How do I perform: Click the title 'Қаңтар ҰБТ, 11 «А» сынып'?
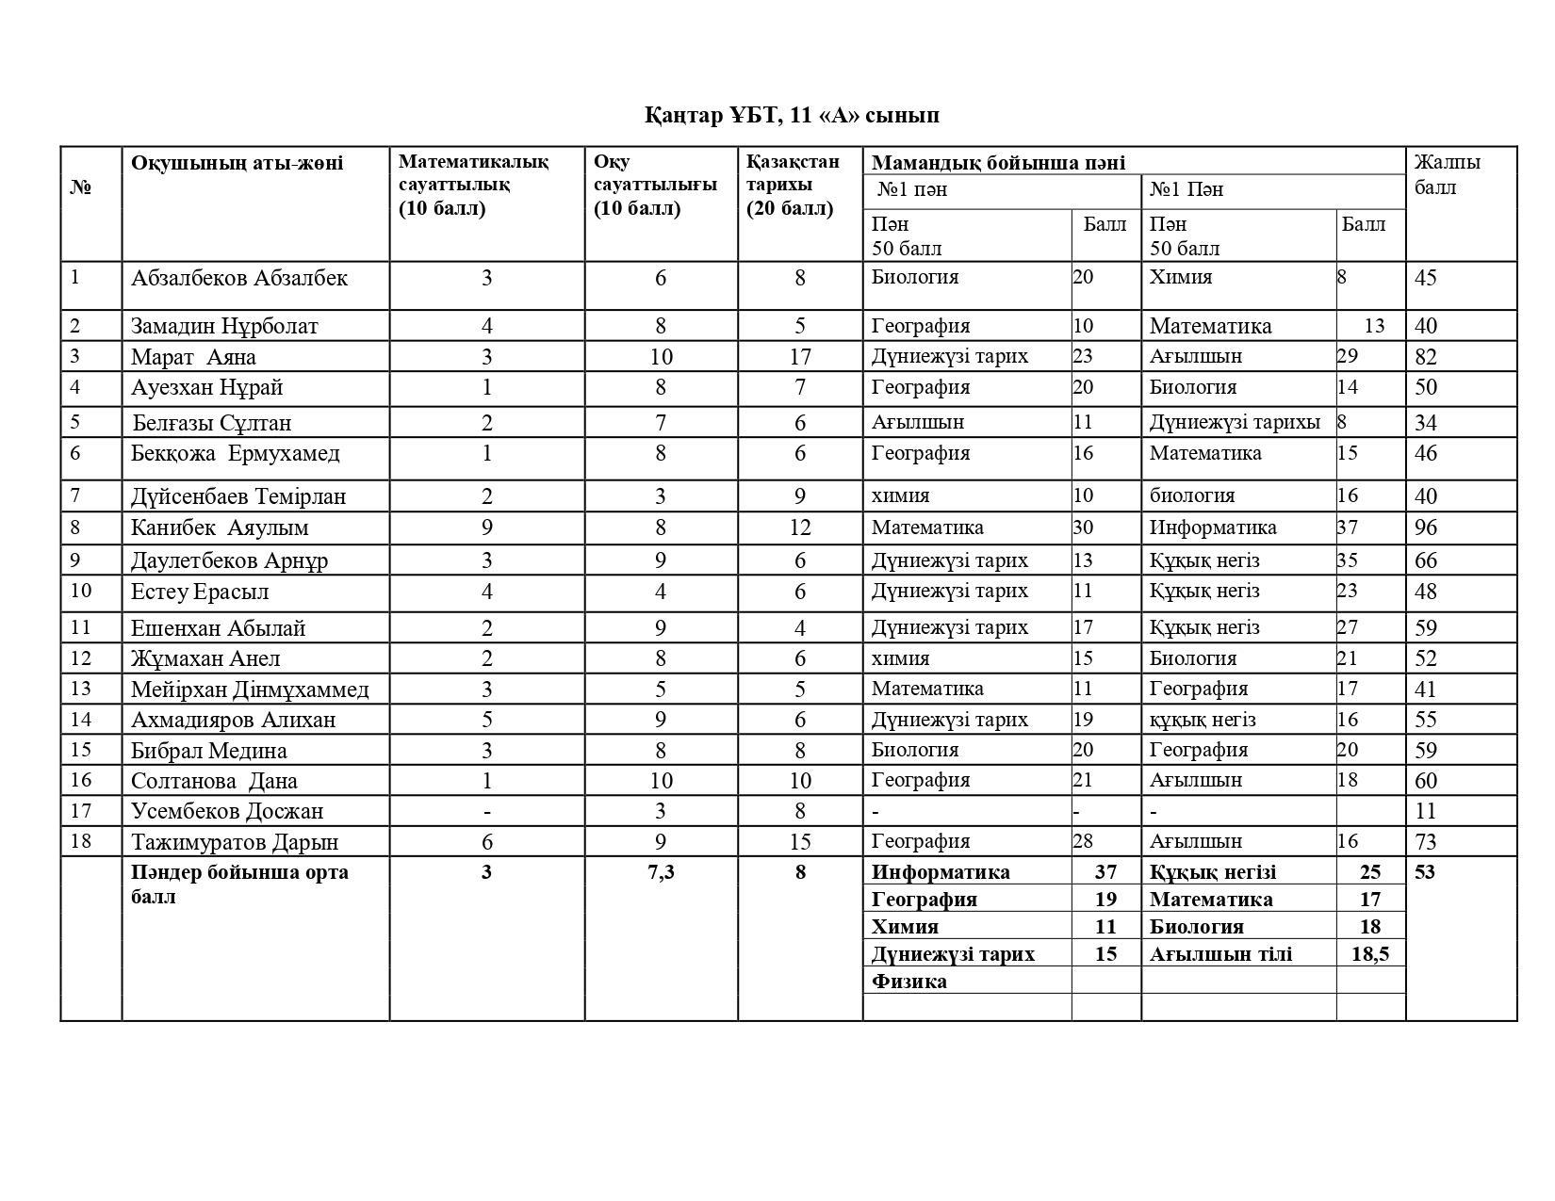point(792,116)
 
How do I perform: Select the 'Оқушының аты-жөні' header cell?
point(237,163)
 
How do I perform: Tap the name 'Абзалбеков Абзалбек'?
point(239,279)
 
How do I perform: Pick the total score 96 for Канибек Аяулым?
point(1426,528)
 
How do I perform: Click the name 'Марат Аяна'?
point(193,358)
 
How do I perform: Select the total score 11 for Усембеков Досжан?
point(1425,811)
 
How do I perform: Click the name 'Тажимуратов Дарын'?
point(235,842)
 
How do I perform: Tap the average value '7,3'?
point(661,872)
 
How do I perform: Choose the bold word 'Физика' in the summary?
point(909,982)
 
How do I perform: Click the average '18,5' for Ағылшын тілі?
point(1369,954)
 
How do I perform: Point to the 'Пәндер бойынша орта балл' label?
point(239,884)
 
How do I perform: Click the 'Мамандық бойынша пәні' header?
point(998,163)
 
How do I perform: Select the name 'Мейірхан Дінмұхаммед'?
point(250,690)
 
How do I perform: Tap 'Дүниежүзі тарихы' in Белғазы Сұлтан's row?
point(1235,422)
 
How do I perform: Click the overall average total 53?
point(1425,872)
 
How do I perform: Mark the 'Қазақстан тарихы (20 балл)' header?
point(793,185)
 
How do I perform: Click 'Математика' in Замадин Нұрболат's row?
point(1210,327)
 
